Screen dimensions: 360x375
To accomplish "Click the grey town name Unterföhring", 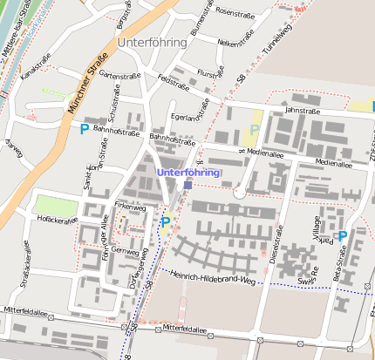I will (151, 42).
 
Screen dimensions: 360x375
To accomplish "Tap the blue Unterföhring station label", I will (187, 172).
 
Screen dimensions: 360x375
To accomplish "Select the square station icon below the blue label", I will (188, 185).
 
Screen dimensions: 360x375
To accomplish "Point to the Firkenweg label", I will (130, 207).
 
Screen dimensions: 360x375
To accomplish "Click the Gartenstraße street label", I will (120, 76).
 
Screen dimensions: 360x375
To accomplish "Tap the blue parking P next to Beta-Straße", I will (343, 235).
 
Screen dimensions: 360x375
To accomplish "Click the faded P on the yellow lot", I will (254, 130).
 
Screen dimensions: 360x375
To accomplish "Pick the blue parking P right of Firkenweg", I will (165, 222).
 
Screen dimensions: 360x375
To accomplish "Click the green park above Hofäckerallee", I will (54, 205).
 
